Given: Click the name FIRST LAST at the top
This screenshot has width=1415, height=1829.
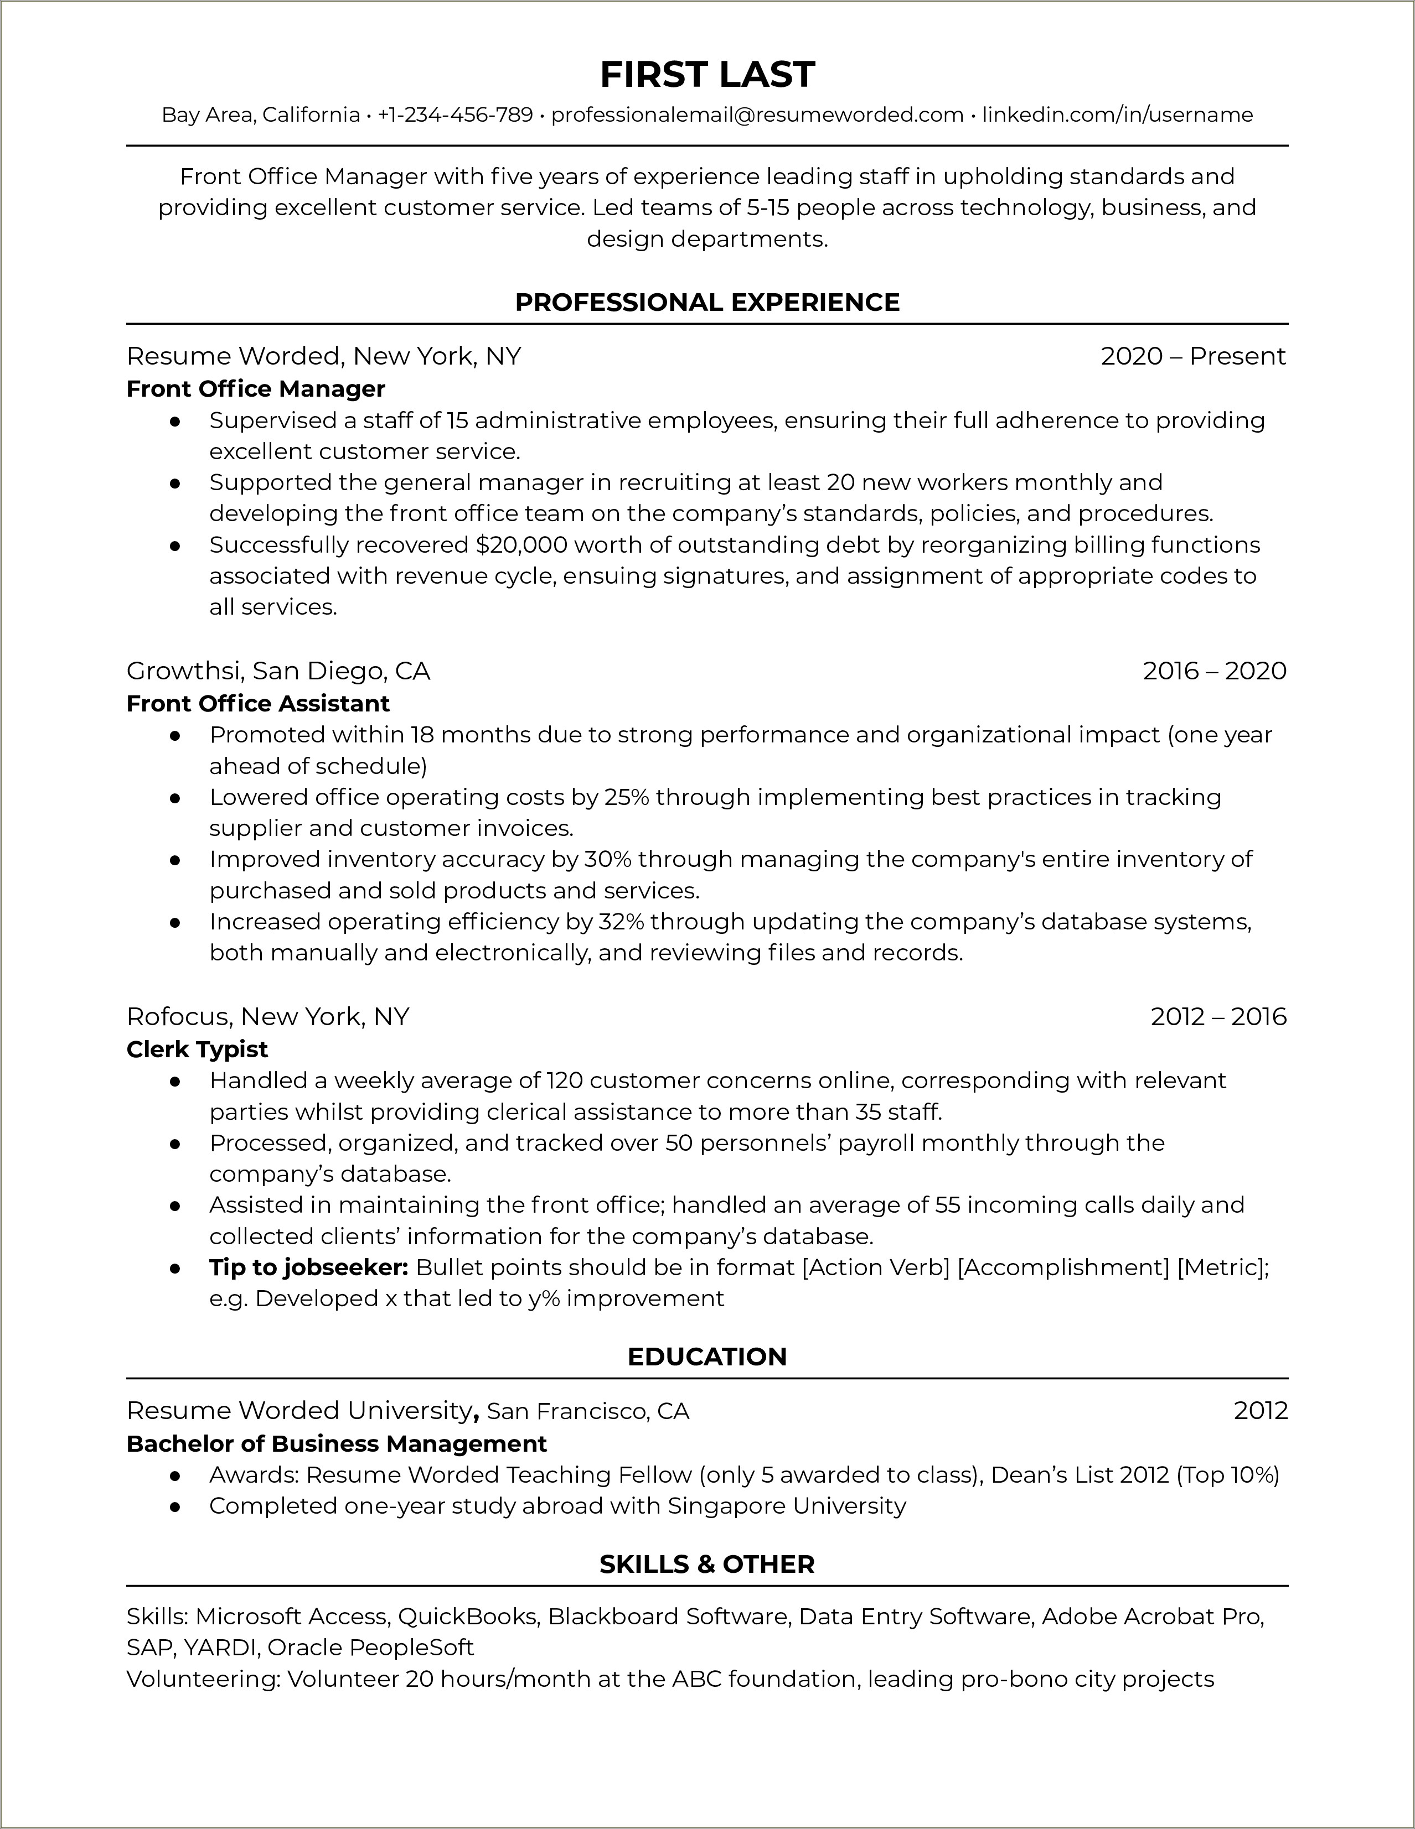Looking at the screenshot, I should (707, 75).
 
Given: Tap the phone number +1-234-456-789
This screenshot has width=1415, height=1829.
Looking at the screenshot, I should (455, 115).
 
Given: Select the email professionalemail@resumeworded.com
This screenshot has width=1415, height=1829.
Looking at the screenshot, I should (757, 115).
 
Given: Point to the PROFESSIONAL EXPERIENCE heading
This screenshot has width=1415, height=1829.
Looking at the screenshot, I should (707, 302).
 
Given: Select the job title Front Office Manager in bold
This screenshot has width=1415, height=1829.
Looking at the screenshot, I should (256, 388).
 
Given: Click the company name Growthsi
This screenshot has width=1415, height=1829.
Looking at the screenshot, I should (184, 671).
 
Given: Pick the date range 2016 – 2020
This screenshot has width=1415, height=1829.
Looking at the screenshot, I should (1214, 671).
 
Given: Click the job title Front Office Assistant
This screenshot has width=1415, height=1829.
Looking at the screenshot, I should (258, 704).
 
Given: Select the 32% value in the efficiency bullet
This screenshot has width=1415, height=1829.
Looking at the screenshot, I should (621, 922).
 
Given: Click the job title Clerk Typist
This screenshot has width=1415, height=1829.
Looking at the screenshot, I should (197, 1049).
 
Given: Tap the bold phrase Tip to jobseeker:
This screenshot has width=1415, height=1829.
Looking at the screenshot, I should (308, 1268).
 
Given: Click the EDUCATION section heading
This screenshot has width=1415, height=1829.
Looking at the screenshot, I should (707, 1357).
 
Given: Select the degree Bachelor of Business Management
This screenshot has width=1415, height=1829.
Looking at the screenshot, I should (336, 1444).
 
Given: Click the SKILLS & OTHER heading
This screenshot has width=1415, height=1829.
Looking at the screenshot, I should (707, 1565).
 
